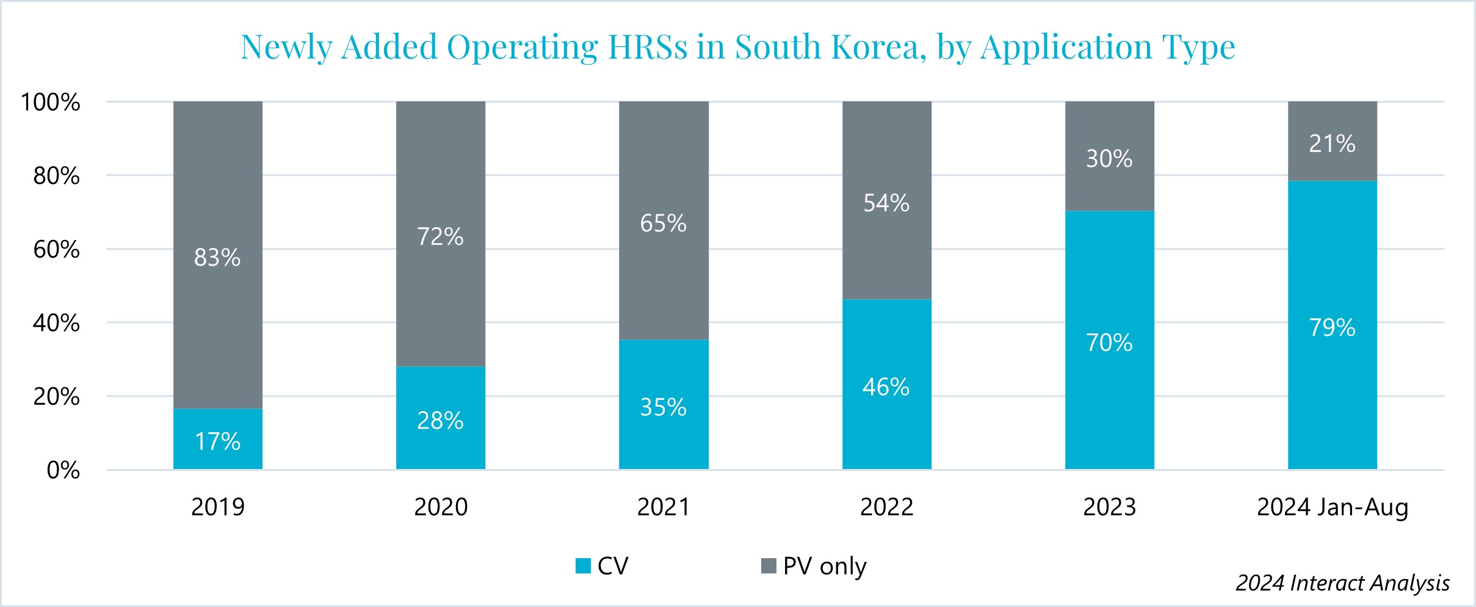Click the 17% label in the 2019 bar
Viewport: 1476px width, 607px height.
coord(217,441)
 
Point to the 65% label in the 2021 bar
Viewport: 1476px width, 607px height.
coord(663,224)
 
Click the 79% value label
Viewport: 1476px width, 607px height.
coord(1332,328)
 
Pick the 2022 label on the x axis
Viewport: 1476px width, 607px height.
coord(886,507)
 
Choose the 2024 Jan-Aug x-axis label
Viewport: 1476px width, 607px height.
coord(1332,507)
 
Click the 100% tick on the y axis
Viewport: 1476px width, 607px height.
coord(51,102)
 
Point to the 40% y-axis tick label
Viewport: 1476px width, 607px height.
coord(56,322)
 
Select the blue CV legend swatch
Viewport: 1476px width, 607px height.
coord(583,566)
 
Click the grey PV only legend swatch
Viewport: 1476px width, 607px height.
coord(769,566)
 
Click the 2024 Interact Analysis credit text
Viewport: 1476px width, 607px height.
coord(1342,583)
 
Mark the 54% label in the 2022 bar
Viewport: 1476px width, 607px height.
coord(886,203)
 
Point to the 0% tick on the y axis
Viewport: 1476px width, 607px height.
coord(63,470)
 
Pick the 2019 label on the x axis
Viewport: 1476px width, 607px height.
coord(217,507)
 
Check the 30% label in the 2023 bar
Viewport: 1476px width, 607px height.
coord(1109,159)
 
